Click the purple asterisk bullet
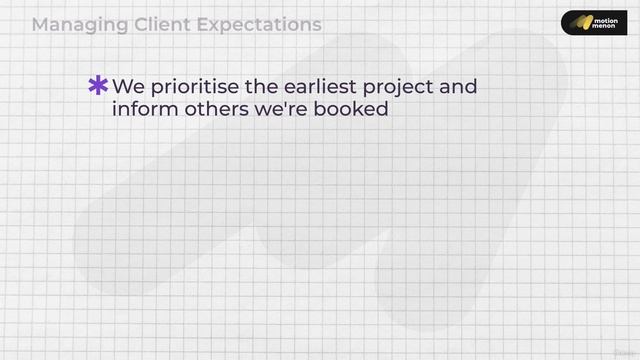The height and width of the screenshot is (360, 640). pos(98,86)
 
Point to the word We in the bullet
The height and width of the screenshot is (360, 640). pos(128,87)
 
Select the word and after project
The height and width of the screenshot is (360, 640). pos(458,87)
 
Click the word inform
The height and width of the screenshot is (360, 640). pos(139,110)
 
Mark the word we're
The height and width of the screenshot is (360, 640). pos(277,110)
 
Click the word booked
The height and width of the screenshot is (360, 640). pos(350,110)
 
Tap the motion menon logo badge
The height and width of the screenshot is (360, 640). pos(593,22)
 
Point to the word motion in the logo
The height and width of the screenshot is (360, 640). pos(605,17)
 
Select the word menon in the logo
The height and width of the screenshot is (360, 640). pos(605,27)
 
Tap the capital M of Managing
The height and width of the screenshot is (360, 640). pos(40,24)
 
